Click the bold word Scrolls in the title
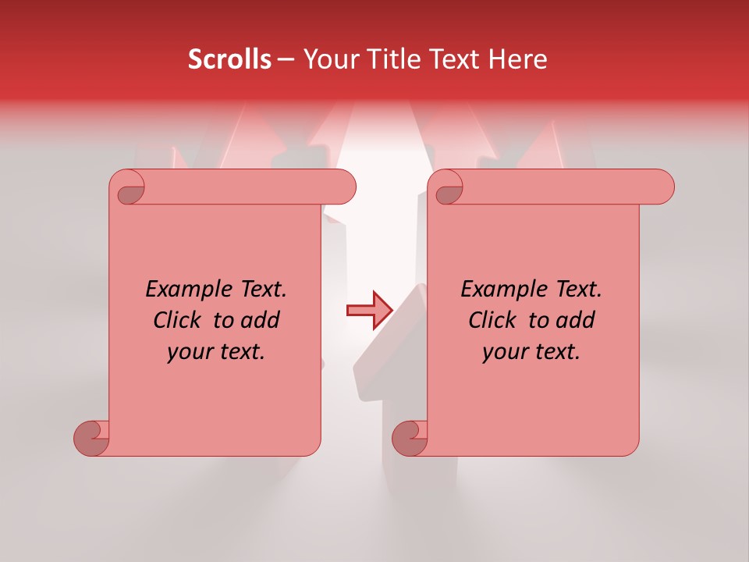coord(229,59)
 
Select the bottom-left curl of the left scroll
coord(92,438)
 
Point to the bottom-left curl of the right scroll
coord(410,438)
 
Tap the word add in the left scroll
coord(261,320)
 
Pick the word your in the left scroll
coord(190,352)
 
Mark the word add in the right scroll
coord(576,320)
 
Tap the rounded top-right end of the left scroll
coord(343,187)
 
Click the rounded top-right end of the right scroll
coord(662,187)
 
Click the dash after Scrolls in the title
coord(286,60)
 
